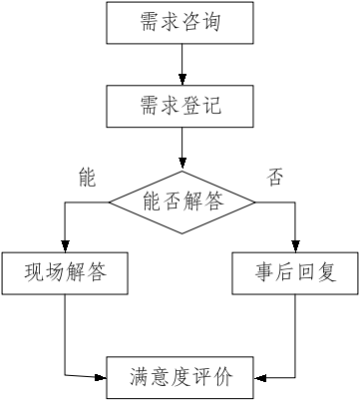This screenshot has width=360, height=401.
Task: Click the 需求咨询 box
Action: coord(180,22)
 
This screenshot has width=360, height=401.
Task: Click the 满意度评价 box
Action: coord(180,377)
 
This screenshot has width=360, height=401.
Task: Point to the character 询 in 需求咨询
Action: coord(225,23)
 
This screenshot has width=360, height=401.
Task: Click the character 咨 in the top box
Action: coord(194,23)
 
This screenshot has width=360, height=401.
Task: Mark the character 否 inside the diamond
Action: coord(167,200)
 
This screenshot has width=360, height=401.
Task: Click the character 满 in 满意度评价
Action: coord(141,378)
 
